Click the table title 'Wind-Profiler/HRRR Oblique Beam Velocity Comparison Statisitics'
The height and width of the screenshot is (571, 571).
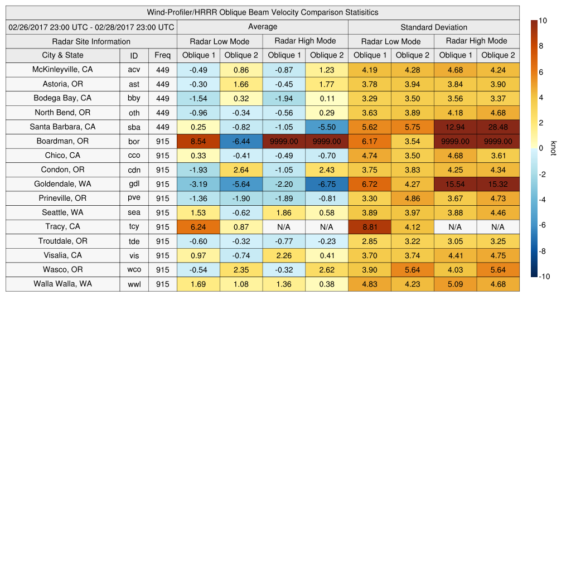(263, 12)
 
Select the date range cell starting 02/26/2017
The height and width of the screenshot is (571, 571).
(91, 27)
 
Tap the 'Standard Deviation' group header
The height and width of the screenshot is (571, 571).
(434, 27)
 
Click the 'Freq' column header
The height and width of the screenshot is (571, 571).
(163, 55)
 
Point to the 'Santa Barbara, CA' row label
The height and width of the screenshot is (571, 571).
(62, 127)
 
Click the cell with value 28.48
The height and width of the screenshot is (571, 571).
(498, 127)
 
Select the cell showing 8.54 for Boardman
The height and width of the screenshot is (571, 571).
(198, 141)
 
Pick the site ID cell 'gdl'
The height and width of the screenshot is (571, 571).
(134, 184)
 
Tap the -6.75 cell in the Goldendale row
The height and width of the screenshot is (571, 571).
(326, 184)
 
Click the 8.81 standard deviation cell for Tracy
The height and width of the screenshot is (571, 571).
(369, 227)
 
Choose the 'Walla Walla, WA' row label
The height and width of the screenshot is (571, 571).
(62, 284)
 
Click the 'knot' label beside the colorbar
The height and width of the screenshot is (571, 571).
(553, 148)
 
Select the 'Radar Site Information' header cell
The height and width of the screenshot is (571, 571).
(91, 41)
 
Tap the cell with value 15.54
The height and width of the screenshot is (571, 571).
(455, 184)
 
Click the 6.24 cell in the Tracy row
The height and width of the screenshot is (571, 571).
(198, 227)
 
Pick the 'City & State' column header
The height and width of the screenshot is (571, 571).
(62, 55)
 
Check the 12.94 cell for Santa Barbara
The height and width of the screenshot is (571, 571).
(455, 127)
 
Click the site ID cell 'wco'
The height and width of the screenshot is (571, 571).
(134, 269)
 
